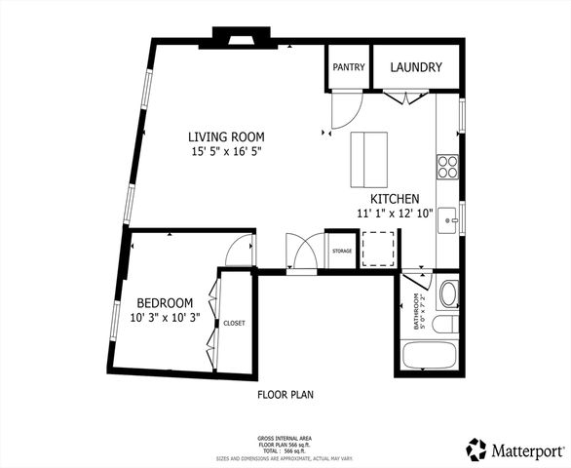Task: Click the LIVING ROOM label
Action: [x=226, y=136]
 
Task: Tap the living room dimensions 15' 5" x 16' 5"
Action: [x=226, y=152]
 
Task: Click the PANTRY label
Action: [x=348, y=68]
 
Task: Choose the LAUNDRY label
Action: [x=416, y=68]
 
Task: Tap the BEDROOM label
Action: [x=164, y=302]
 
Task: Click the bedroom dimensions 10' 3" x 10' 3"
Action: [x=164, y=317]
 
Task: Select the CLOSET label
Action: [x=235, y=323]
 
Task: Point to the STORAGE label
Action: [x=341, y=252]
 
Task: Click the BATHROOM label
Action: [x=416, y=312]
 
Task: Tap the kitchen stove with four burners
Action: [x=447, y=167]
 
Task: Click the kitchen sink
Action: [x=448, y=218]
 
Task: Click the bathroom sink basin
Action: [x=449, y=293]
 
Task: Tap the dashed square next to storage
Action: [x=378, y=248]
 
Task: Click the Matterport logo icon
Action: [x=476, y=449]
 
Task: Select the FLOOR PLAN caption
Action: [x=285, y=396]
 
